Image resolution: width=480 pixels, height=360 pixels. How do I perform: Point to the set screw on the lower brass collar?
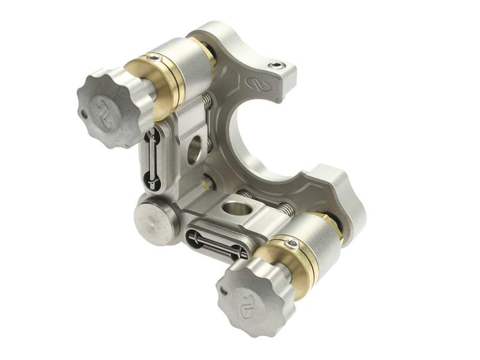[292, 242]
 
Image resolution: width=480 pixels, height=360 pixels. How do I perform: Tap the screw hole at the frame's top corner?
[277, 64]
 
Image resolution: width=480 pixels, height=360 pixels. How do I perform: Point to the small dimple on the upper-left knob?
[83, 111]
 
